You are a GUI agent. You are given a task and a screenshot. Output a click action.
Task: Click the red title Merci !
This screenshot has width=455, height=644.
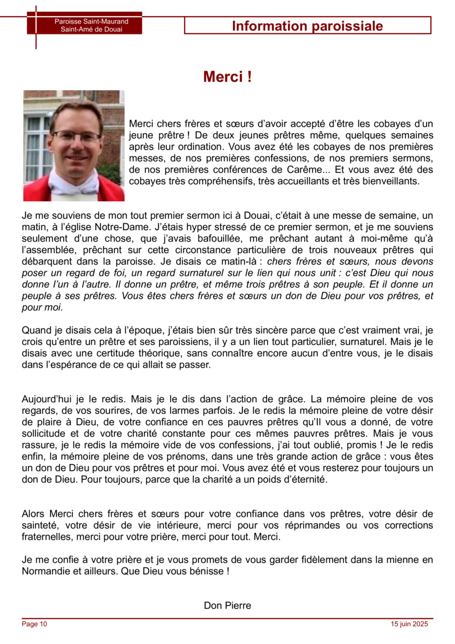[227, 77]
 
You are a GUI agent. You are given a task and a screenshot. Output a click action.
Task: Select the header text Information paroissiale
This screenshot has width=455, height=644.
[307, 26]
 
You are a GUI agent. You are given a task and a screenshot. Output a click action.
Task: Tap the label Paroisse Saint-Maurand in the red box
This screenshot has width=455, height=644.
[91, 21]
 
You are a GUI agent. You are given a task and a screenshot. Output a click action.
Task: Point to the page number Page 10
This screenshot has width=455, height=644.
[34, 624]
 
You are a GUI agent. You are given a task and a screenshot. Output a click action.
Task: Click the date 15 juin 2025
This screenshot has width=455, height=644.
[410, 624]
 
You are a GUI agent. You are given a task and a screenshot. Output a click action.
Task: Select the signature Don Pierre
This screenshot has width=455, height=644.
[227, 605]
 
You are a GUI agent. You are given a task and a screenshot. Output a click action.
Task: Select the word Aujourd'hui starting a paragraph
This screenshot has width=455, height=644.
[49, 399]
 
